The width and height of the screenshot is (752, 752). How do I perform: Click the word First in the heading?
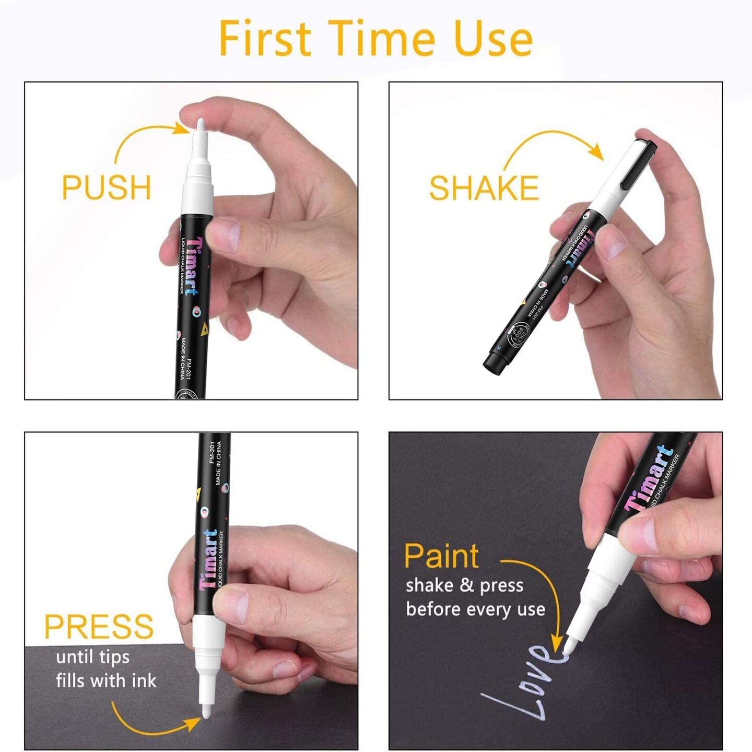tap(265, 38)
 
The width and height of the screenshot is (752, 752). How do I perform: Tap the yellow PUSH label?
tap(107, 187)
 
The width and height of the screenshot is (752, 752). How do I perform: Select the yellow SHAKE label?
tap(484, 188)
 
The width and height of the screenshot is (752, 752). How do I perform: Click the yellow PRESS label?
tap(99, 627)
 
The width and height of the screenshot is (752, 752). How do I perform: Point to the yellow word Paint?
tap(441, 556)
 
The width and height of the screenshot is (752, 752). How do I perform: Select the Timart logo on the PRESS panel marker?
tap(208, 559)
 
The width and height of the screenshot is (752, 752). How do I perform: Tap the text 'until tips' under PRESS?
tap(93, 657)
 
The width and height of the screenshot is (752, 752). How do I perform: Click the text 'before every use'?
tap(475, 609)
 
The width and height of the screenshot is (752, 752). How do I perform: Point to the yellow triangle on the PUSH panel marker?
tap(204, 328)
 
